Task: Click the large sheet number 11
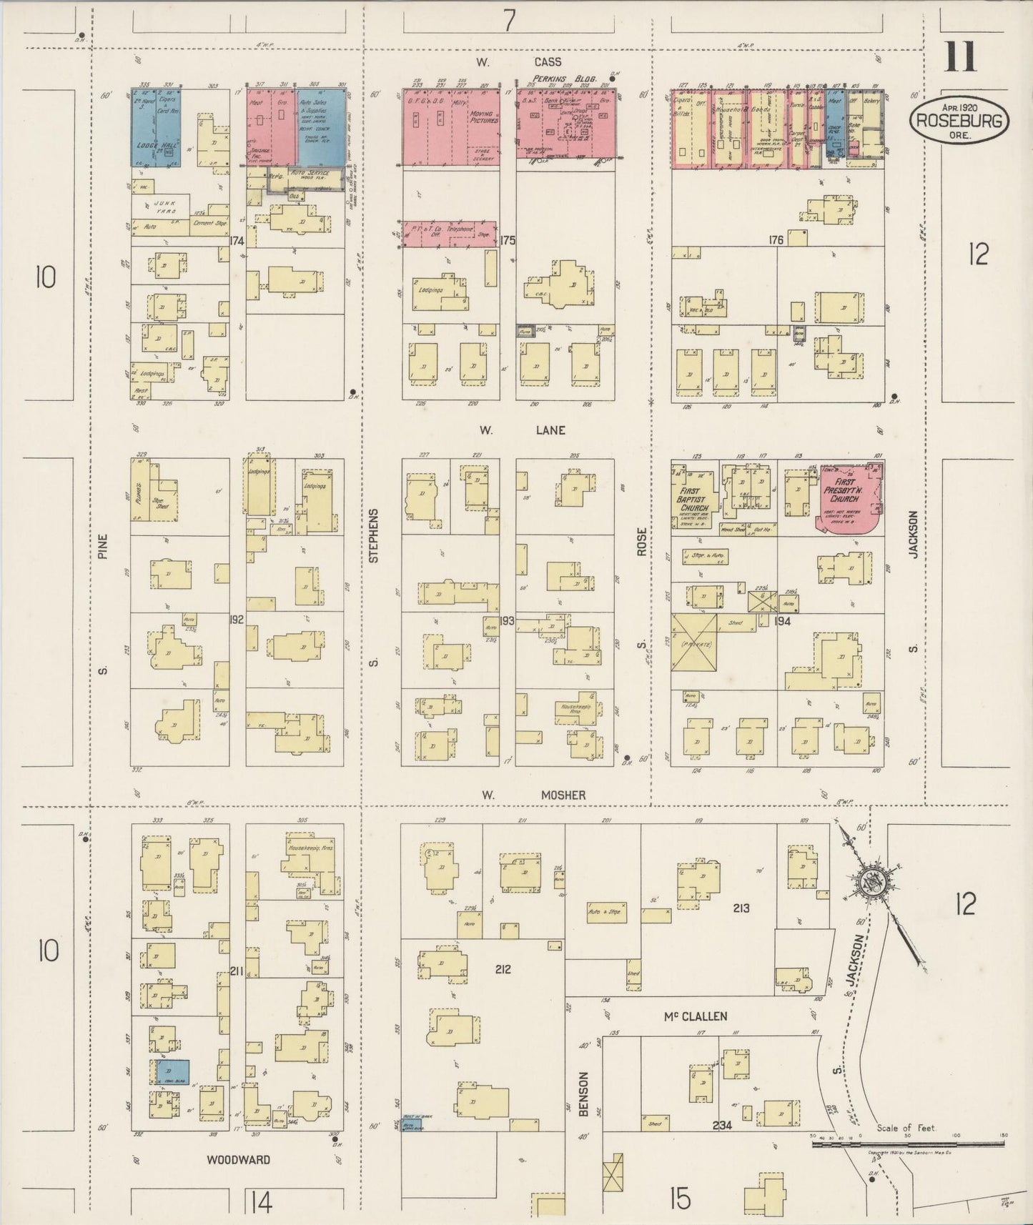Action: pos(959,56)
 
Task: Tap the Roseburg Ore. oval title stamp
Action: pos(960,122)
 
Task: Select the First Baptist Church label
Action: pos(693,494)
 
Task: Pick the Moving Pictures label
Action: pos(484,117)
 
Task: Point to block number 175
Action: pos(508,240)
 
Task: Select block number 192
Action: pos(237,619)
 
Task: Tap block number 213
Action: pos(740,908)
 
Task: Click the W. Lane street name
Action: pos(522,430)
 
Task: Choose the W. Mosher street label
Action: pos(533,794)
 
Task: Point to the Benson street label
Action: pos(583,1093)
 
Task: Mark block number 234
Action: pos(722,1125)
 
